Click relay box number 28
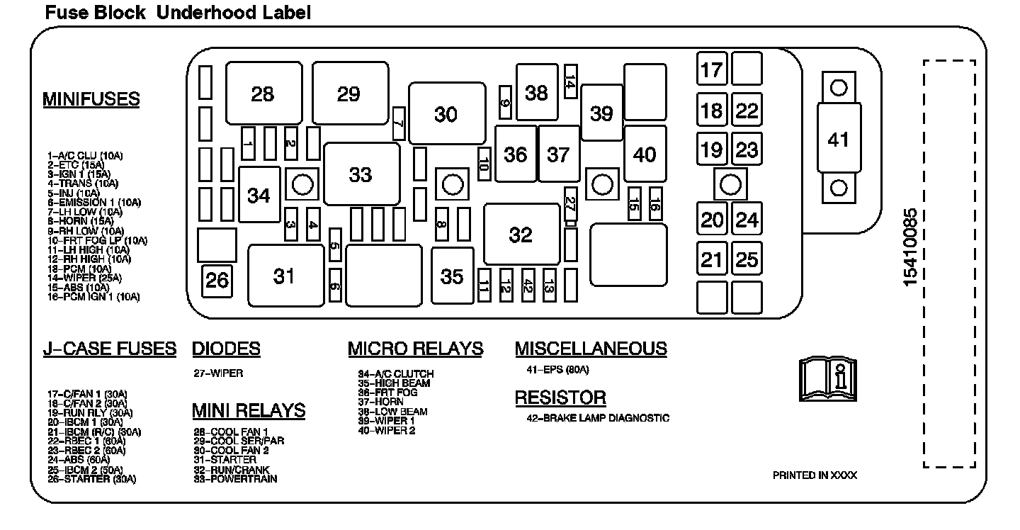pos(263,94)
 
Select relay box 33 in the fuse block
pos(361,174)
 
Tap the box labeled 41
pos(839,140)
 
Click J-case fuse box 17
pos(711,69)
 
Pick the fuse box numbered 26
pos(217,281)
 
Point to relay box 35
pos(452,276)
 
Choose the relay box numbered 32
pos(521,235)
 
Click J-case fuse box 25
pos(747,260)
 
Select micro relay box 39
pos(601,113)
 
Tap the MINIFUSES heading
pos(91,99)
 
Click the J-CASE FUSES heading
pos(109,349)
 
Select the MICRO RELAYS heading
pos(415,349)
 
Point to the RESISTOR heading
pos(560,397)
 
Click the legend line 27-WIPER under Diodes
pos(217,373)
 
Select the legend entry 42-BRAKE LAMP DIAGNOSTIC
pos(597,418)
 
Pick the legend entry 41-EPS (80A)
pos(557,370)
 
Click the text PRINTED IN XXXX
pos(814,475)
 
